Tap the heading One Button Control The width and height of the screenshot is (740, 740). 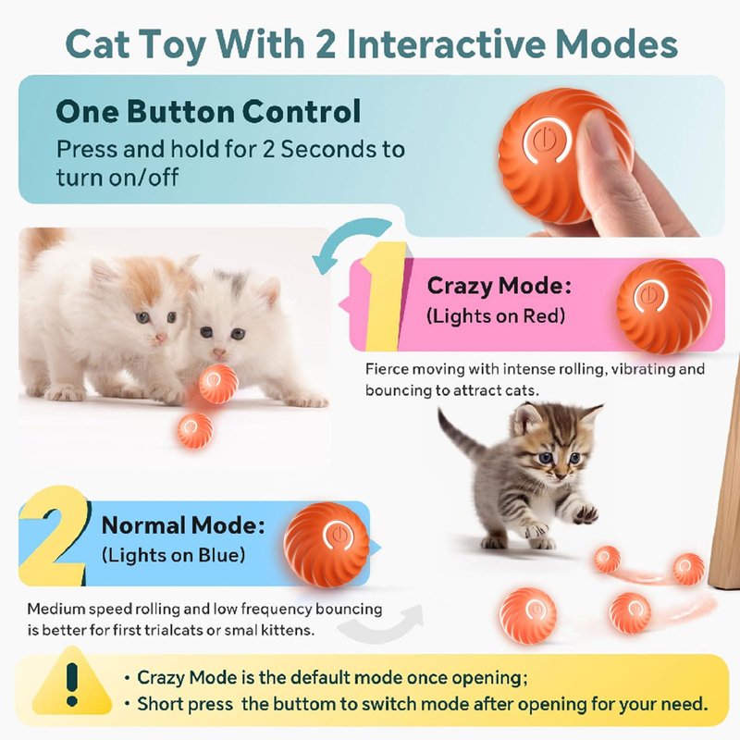click(x=208, y=111)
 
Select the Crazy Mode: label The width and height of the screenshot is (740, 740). click(x=499, y=286)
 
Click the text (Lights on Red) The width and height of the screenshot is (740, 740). click(x=496, y=316)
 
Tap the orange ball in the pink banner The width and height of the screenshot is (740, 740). click(x=663, y=306)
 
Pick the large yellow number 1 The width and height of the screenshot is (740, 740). click(x=385, y=296)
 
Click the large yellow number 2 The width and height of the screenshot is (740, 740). click(x=55, y=535)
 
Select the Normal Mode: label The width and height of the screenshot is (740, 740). click(x=183, y=524)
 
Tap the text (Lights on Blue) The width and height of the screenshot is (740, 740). click(x=174, y=555)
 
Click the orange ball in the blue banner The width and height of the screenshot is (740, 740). click(x=327, y=545)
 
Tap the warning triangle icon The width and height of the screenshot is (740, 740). click(x=72, y=682)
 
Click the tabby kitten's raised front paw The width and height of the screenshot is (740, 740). click(x=586, y=513)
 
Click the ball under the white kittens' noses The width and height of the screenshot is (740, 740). click(x=217, y=383)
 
